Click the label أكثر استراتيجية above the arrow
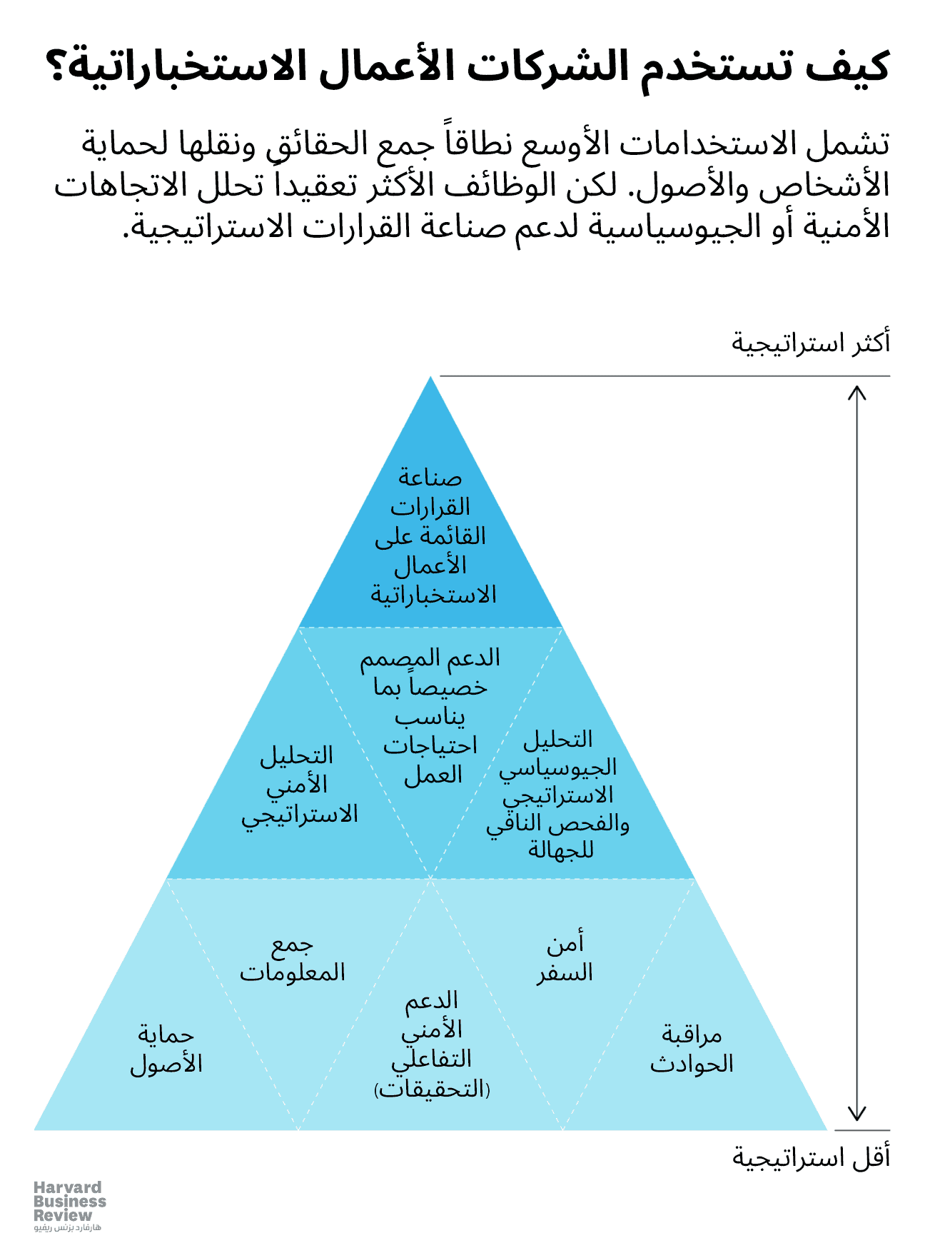coord(811,343)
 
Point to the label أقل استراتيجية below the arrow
coord(811,1157)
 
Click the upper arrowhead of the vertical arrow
coord(856,392)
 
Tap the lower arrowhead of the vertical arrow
coord(856,1114)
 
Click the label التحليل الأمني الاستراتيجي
coord(298,785)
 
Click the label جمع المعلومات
coord(292,958)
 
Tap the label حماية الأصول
coord(166,1049)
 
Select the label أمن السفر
coord(565,958)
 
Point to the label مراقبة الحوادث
coord(692,1049)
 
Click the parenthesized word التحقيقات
coord(432,1090)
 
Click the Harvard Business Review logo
coord(69,1201)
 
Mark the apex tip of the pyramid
coord(430,378)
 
